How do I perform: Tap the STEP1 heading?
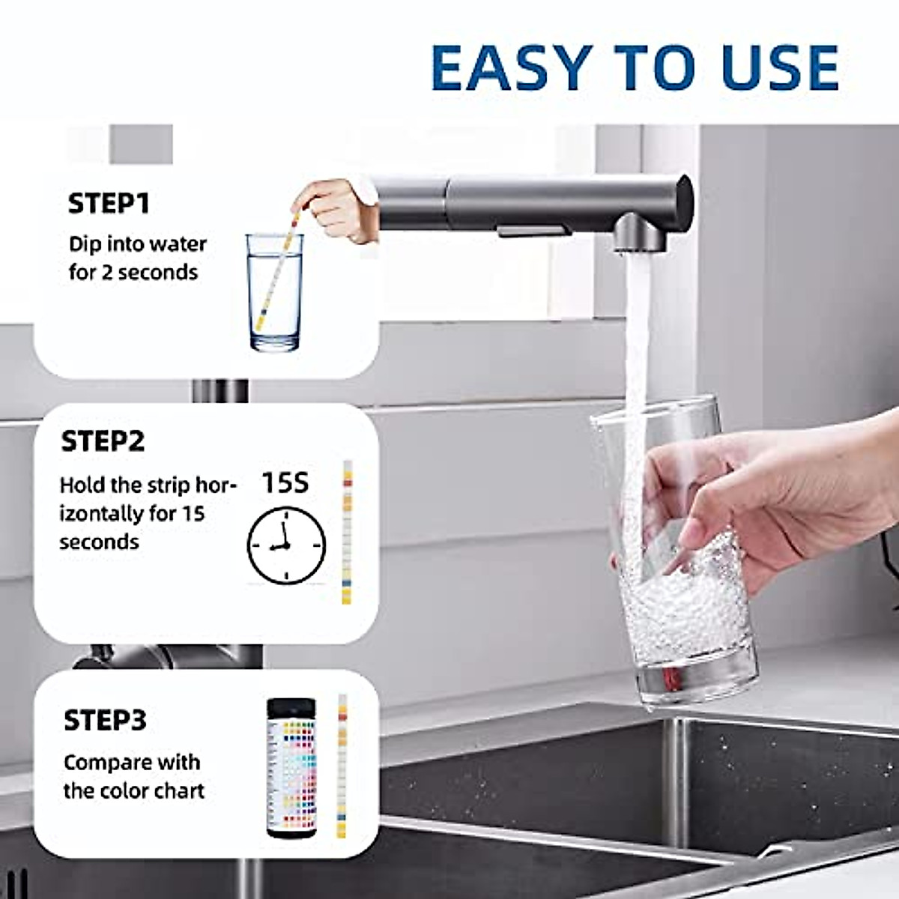coord(109,204)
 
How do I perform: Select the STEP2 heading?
coord(103,441)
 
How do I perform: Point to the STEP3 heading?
coord(105,721)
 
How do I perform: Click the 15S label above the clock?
coord(285,483)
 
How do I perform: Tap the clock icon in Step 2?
coord(286,545)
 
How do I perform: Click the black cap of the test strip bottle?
coord(292,709)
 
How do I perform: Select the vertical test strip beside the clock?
coord(347,532)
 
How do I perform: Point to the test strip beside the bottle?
coord(342,764)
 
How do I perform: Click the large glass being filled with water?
coord(674,554)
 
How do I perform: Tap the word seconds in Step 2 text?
coord(99,542)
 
